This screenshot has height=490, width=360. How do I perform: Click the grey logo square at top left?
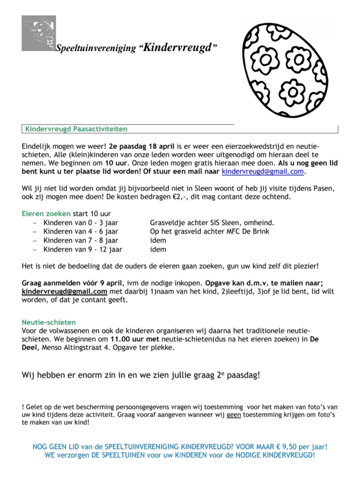coord(39,33)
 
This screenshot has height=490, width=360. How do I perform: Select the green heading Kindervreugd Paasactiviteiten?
coord(76,129)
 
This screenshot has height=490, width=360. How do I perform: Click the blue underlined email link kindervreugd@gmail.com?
coord(263,172)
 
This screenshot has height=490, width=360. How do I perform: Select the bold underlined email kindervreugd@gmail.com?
coord(64,292)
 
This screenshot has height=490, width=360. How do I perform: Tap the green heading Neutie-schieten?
coord(49,322)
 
